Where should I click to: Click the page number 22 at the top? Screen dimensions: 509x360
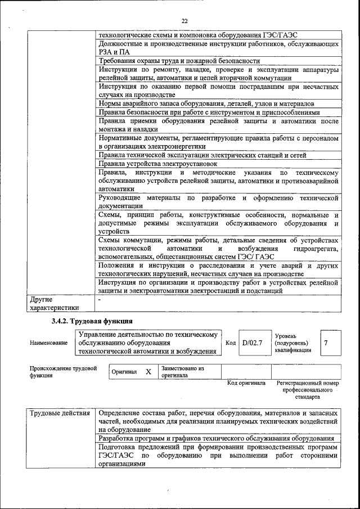point(184,21)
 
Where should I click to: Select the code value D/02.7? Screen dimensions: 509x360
point(252,343)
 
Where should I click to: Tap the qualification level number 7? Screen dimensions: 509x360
point(326,343)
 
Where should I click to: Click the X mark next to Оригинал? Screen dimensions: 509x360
point(148,372)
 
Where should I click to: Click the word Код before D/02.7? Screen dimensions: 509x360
point(231,343)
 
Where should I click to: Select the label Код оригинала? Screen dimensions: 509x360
point(246,383)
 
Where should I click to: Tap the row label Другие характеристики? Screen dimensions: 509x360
point(54,304)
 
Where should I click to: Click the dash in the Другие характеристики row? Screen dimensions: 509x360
point(100,300)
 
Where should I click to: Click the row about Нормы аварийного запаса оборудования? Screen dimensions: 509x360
point(206,103)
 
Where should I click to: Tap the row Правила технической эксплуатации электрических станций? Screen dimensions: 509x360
point(203,155)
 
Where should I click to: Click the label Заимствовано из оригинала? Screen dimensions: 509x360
point(182,372)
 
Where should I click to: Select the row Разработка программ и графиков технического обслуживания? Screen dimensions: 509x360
point(216,438)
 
